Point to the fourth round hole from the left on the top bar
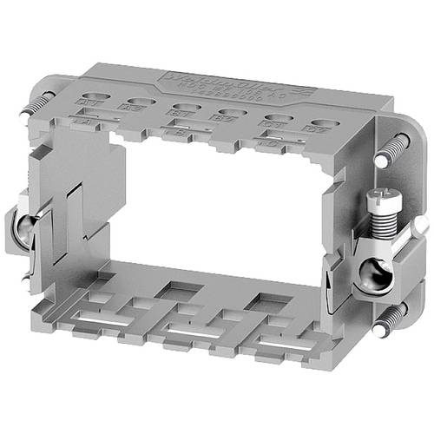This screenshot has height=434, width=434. pos(230,113)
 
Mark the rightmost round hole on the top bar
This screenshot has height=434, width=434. pos(324,124)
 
